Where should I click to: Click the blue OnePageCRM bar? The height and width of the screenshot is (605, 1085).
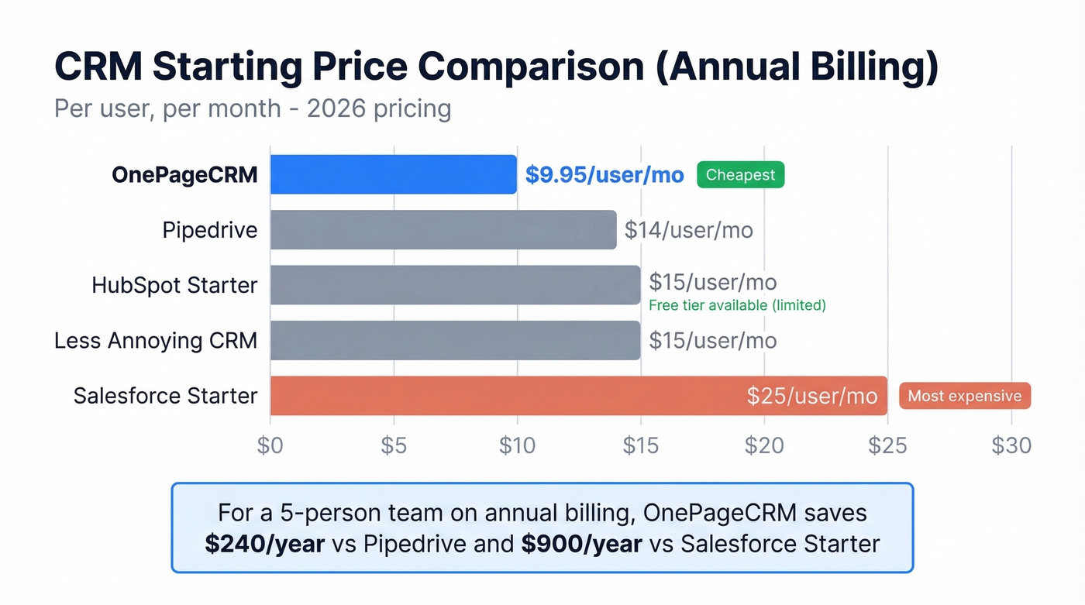point(393,174)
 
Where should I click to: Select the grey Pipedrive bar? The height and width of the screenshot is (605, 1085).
point(443,230)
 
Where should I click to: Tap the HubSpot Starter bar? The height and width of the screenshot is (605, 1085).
point(455,285)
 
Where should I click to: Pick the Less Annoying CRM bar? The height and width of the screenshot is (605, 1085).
point(455,340)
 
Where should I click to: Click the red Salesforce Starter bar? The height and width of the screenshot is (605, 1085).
point(504,396)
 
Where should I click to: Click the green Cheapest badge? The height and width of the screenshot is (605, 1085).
point(740,175)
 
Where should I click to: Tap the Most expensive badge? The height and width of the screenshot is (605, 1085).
point(964,396)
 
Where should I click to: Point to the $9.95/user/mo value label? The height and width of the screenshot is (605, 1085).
point(604,175)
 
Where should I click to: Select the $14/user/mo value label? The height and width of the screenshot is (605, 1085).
point(688,230)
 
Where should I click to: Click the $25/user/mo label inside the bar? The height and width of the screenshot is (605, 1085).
point(811,396)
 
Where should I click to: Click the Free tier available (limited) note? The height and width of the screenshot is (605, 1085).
point(737,305)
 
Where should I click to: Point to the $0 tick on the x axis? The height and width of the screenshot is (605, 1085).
point(270,445)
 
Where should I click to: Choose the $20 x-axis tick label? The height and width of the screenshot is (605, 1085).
point(764,445)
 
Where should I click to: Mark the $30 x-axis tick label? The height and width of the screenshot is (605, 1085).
point(1011,445)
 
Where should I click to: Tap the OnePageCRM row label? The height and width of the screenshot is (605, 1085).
point(184,175)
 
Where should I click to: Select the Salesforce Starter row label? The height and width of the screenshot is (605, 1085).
point(165,396)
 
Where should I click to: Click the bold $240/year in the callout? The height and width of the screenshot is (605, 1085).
point(264,544)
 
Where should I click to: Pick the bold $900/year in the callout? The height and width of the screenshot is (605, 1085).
point(581,544)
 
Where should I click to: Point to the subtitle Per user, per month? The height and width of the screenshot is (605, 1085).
point(167,108)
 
